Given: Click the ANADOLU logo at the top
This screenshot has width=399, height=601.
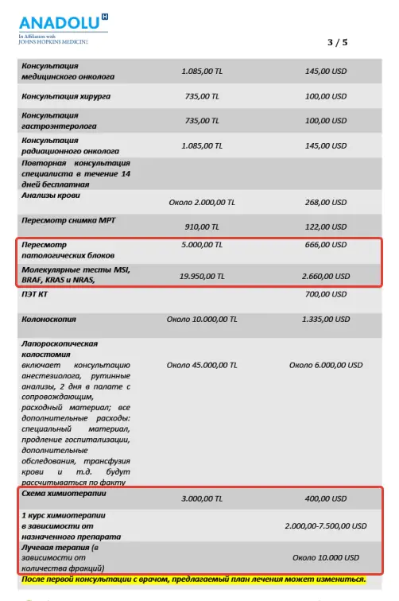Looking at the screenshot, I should [52, 22].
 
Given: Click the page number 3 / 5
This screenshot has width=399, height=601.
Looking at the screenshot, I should [337, 41].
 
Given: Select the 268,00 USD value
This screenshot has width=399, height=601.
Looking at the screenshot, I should [326, 202].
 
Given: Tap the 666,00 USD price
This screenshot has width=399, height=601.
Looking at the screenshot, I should [326, 246].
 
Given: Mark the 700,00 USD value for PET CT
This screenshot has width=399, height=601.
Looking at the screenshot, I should [326, 295].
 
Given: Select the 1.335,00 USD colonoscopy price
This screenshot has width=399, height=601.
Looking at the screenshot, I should [326, 320].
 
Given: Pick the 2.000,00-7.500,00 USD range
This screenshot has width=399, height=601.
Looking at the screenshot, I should [326, 526].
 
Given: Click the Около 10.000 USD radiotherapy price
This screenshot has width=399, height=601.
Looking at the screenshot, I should [326, 557].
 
